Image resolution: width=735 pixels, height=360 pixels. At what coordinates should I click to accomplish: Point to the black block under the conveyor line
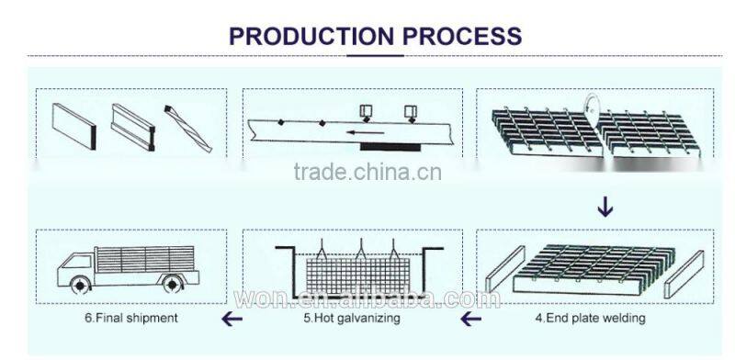click(x=390, y=145)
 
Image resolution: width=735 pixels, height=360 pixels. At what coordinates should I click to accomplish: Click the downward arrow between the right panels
click(x=605, y=208)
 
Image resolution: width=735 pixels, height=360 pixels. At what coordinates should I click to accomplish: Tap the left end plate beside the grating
click(x=503, y=276)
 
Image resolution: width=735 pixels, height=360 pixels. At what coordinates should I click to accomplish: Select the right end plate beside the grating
click(x=684, y=275)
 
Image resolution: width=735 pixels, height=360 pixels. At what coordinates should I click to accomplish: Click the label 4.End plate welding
click(x=590, y=319)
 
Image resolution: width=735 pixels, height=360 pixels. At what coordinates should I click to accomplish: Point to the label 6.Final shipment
click(x=131, y=319)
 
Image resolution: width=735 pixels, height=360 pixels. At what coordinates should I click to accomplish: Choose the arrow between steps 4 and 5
click(x=470, y=319)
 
